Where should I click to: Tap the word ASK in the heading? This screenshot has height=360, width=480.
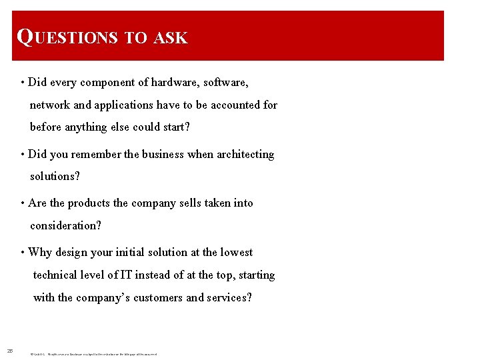pos(171,38)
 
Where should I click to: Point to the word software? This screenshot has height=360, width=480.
pos(225,83)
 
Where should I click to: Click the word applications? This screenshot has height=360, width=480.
pos(124,105)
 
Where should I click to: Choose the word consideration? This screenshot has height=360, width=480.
pos(65,226)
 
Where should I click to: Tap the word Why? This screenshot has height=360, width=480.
pos(40,253)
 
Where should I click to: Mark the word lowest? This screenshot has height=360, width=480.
pos(237,253)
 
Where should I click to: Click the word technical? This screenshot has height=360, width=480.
pos(57,275)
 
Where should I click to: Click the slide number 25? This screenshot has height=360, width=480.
pos(10,351)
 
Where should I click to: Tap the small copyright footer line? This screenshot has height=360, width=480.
pos(93,353)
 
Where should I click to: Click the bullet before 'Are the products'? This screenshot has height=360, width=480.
pos(23,203)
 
